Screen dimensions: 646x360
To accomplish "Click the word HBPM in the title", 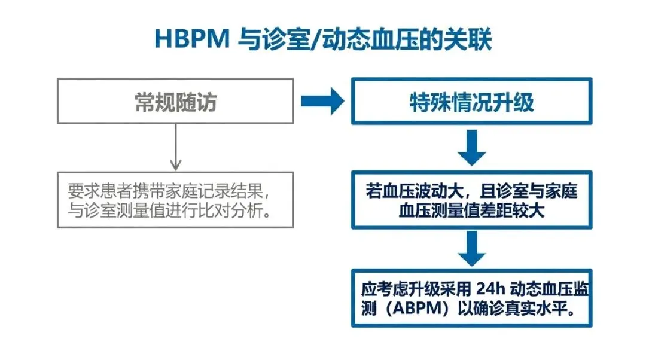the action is coord(192,39).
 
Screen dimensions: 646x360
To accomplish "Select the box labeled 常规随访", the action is coord(175,101).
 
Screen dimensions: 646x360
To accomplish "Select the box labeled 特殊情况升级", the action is coord(472,101).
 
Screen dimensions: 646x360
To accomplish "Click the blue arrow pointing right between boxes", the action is coord(322,101).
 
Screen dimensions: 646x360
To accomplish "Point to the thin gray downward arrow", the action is coord(176,147).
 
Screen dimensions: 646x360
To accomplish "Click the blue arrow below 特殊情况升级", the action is coord(472,148).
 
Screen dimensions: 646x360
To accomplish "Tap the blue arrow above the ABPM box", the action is coord(472,248).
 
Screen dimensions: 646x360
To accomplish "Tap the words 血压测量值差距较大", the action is coord(472,211).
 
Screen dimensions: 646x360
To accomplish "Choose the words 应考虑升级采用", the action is coord(416,289).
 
